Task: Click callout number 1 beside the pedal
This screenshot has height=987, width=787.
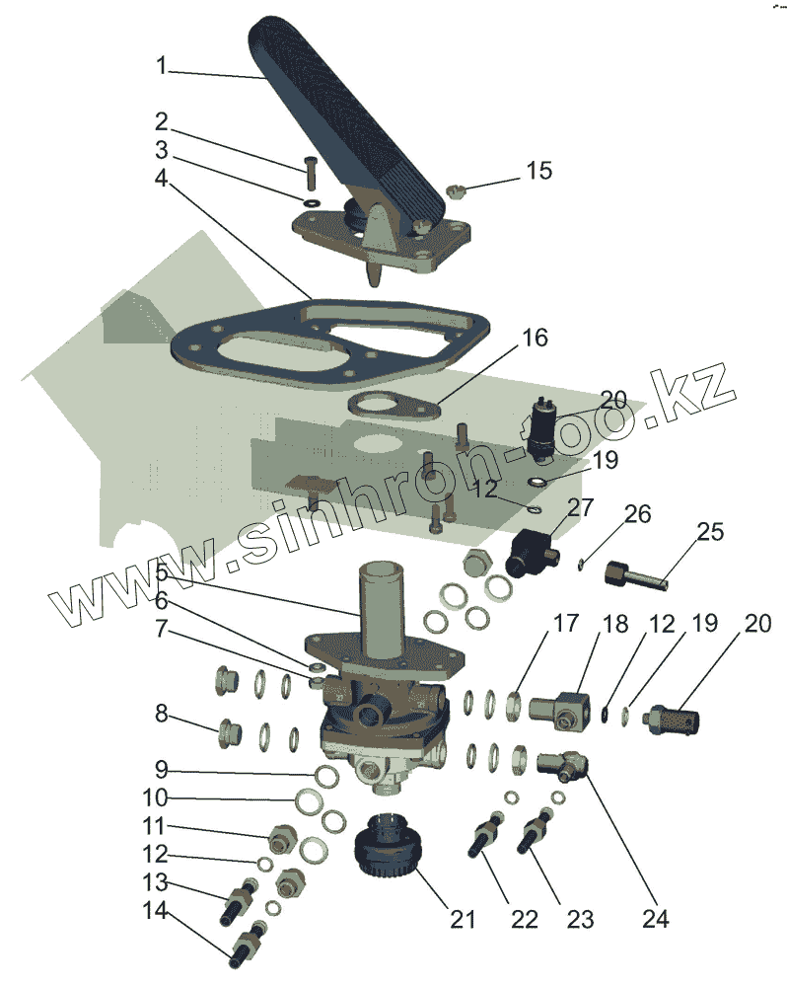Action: coord(162,67)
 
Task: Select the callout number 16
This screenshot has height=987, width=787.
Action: coord(534,339)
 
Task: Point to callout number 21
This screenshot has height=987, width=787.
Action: coord(463,919)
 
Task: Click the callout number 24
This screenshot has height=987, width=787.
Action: coord(655,919)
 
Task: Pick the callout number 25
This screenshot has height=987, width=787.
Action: coord(710,532)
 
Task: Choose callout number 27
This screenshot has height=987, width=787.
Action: coord(581,507)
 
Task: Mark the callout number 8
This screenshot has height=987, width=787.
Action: coord(161,713)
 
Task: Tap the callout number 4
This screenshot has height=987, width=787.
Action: coord(161,180)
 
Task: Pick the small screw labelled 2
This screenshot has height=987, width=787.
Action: coord(311,174)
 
